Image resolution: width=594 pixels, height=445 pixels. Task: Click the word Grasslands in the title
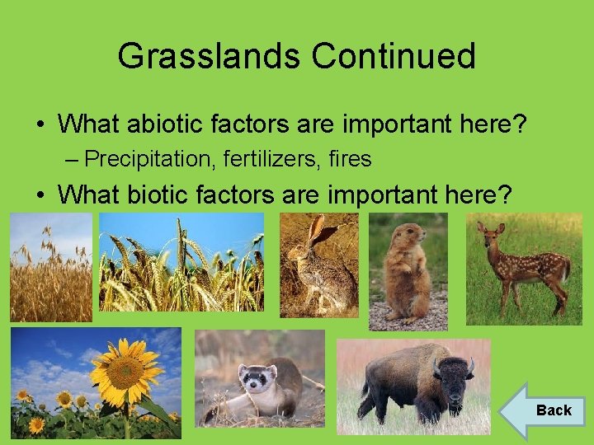coord(209,56)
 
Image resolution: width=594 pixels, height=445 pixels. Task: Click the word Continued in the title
coord(394,56)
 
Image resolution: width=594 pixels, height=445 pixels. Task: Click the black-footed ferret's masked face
coord(257,380)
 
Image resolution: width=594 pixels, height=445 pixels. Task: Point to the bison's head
coord(452,380)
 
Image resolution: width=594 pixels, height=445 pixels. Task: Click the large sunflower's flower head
coord(125,372)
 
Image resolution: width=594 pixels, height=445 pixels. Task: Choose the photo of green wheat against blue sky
coord(181,261)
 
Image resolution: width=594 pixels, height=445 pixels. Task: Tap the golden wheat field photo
coord(50,267)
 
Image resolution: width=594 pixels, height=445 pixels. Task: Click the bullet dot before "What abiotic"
coord(40,124)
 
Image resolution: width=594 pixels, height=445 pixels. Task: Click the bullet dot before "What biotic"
coord(40,195)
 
